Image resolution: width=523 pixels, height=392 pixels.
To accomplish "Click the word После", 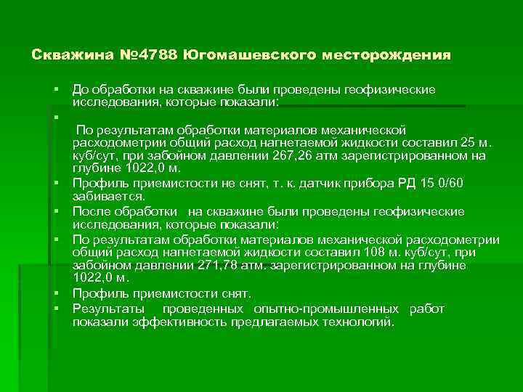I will point(90,211).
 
